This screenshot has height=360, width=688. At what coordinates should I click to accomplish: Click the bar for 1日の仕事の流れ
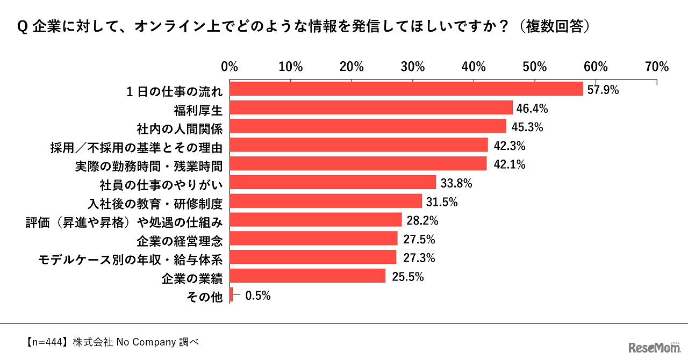coord(406,89)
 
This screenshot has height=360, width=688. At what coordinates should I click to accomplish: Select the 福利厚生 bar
coord(371,107)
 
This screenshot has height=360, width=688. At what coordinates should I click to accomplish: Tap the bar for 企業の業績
coord(307,276)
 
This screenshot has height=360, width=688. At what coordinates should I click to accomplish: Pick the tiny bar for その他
coord(231,294)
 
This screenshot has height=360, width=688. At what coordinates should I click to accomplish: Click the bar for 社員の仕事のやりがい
coord(333,182)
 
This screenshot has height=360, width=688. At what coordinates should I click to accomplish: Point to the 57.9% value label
coord(603,90)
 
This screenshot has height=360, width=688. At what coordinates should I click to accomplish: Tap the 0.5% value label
coord(257,295)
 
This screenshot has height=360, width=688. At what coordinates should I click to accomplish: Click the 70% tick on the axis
coord(657,67)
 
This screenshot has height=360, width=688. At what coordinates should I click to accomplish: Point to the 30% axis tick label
coord(413,67)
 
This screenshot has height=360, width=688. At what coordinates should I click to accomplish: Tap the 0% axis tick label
coord(230,67)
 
